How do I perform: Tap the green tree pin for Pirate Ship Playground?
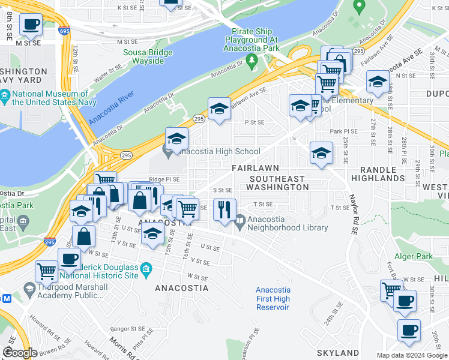(252, 59)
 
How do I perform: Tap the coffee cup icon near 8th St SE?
(31, 25)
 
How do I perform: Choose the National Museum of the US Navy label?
(50, 98)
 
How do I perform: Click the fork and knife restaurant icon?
(224, 209)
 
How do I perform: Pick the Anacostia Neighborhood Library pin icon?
(240, 220)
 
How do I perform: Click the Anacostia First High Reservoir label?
(273, 299)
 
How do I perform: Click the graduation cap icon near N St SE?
(377, 81)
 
